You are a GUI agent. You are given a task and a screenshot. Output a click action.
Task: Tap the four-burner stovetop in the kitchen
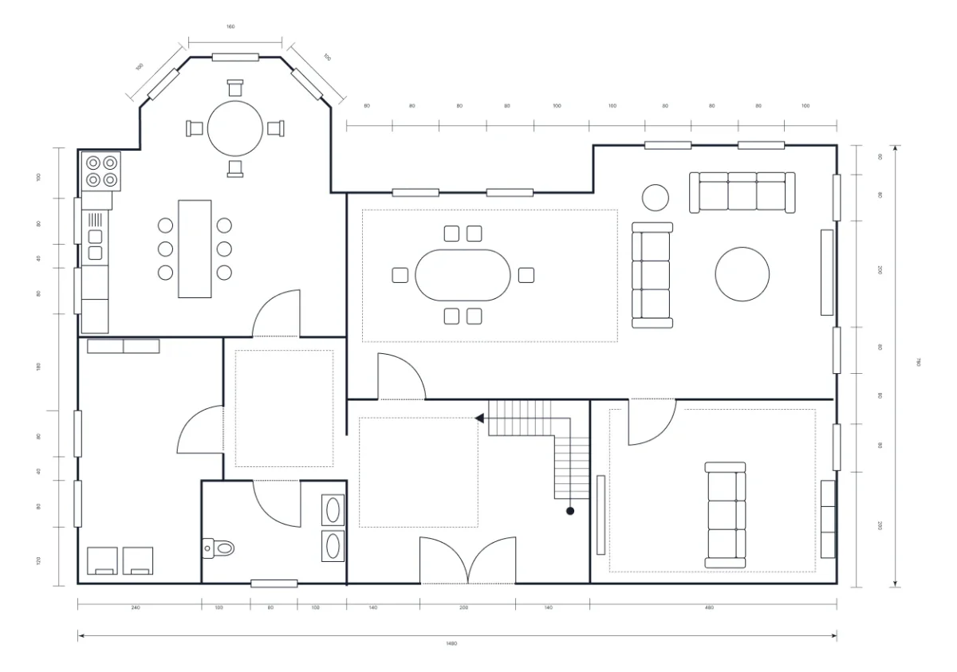[x=101, y=171]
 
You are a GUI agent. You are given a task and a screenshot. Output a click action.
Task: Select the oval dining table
[x=463, y=275]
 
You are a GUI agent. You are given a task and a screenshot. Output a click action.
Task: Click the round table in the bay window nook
[x=235, y=128]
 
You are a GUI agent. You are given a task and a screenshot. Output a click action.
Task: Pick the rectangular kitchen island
[x=195, y=249]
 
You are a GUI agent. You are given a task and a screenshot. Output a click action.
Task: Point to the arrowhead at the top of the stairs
[x=479, y=418]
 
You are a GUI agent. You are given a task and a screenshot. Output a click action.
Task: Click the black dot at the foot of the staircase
[x=570, y=510]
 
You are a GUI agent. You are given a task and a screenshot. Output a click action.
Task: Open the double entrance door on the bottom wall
[x=468, y=562]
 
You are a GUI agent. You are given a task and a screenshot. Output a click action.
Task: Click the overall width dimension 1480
[x=457, y=644]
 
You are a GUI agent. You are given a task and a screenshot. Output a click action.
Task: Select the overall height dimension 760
[x=918, y=363]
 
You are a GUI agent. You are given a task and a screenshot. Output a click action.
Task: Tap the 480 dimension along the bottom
[x=709, y=607]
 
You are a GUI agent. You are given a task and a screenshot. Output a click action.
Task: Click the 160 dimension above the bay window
[x=230, y=27]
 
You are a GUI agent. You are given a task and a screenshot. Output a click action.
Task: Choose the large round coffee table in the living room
[x=742, y=274]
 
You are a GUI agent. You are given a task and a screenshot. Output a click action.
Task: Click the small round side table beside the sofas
[x=656, y=197]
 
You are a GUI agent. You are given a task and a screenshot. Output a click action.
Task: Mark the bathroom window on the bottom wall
[x=274, y=584]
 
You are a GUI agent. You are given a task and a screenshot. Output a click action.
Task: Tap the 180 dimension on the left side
[x=38, y=367]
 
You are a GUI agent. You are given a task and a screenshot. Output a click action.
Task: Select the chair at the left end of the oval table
[x=400, y=275]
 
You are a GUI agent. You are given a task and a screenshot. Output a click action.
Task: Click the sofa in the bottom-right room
[x=725, y=515]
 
